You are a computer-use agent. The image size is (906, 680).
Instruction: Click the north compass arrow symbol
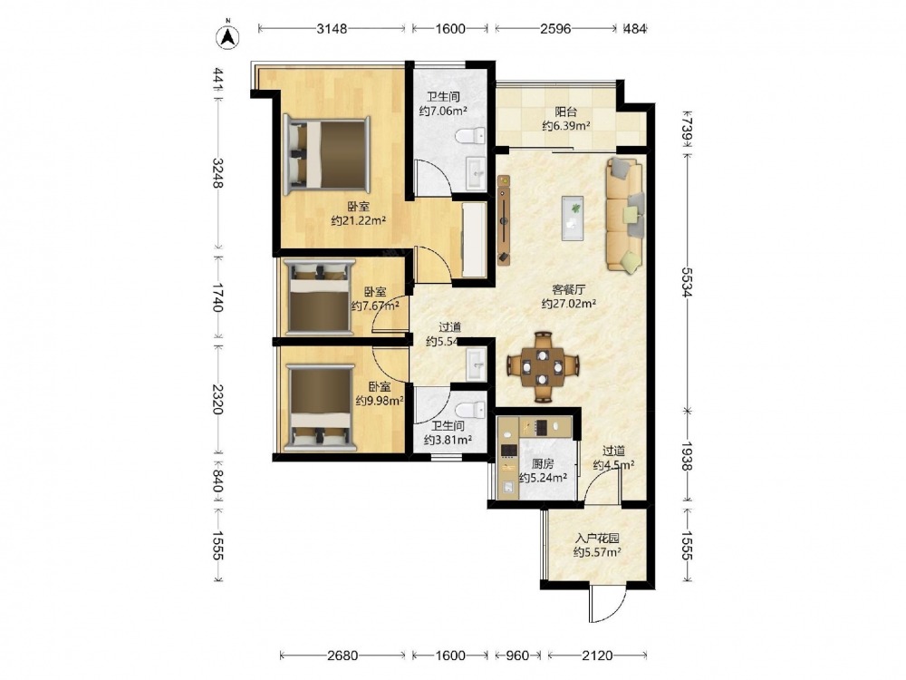(x=228, y=36)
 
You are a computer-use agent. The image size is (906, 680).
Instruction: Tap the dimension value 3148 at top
(x=332, y=28)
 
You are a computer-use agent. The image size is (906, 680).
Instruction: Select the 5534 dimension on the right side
(x=687, y=282)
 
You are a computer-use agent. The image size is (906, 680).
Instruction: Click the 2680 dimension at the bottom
(x=342, y=656)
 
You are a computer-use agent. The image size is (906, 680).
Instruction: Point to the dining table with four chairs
(x=543, y=366)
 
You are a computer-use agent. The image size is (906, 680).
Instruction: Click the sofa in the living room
(x=624, y=215)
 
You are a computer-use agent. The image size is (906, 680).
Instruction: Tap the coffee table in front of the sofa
(x=573, y=218)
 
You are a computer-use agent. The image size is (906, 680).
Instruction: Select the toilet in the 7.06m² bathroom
(x=471, y=137)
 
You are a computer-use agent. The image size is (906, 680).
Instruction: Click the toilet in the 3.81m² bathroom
(x=471, y=410)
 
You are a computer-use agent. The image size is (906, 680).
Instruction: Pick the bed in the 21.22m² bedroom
(x=327, y=153)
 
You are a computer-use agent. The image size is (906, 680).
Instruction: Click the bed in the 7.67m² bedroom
(x=321, y=297)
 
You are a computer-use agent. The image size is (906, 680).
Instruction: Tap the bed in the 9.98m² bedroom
(x=321, y=407)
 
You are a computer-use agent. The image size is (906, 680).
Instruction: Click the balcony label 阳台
(x=565, y=112)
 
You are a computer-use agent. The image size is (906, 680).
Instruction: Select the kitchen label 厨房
(x=543, y=463)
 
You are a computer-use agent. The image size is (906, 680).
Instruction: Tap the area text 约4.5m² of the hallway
(x=614, y=465)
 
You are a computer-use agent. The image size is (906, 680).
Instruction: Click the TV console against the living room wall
(x=505, y=219)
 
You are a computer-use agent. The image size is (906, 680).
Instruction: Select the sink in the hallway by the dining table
(x=477, y=364)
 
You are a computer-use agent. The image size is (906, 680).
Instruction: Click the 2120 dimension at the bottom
(x=597, y=656)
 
